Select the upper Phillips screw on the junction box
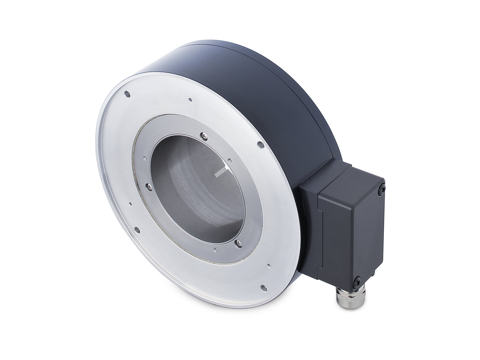382,189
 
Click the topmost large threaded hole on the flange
126,94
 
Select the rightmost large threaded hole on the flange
260,144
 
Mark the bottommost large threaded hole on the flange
262,286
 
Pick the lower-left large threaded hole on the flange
137,229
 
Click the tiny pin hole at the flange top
189,99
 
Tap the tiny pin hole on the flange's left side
131,203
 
